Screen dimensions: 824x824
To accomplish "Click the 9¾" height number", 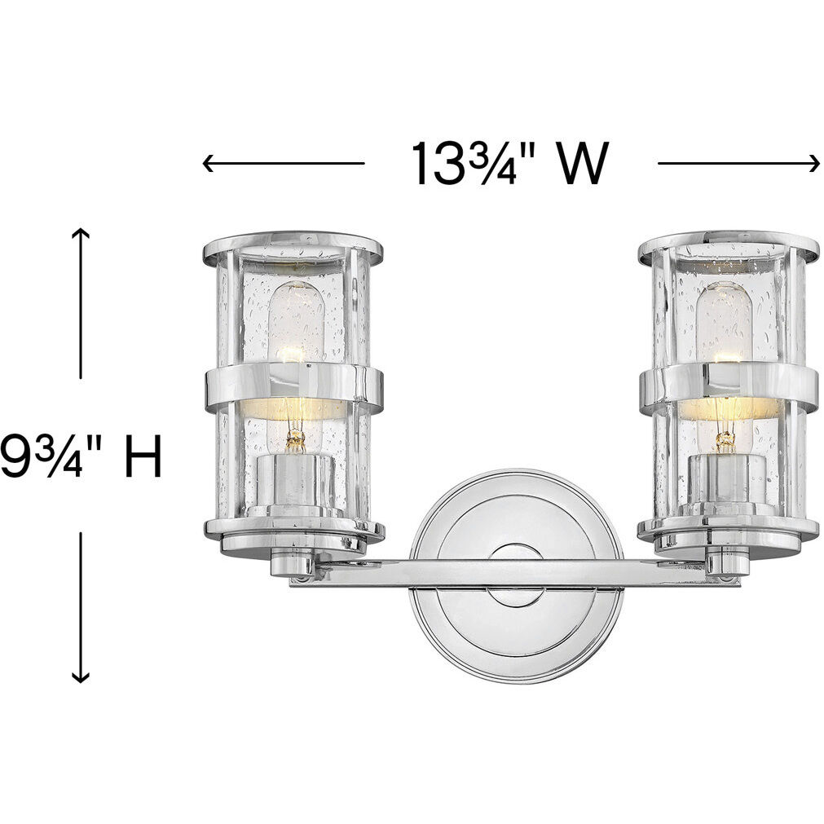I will (x=37, y=456).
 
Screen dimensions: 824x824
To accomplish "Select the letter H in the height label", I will (x=143, y=456).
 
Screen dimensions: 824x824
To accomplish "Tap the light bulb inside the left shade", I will (x=295, y=326).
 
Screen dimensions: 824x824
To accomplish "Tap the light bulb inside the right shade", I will (x=723, y=326).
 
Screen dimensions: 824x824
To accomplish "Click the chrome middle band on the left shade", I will (x=293, y=388).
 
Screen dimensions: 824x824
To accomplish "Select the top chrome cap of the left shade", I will (x=293, y=246).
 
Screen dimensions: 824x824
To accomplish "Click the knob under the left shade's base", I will (x=293, y=564).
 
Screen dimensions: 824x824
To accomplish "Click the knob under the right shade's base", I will (x=727, y=563).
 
